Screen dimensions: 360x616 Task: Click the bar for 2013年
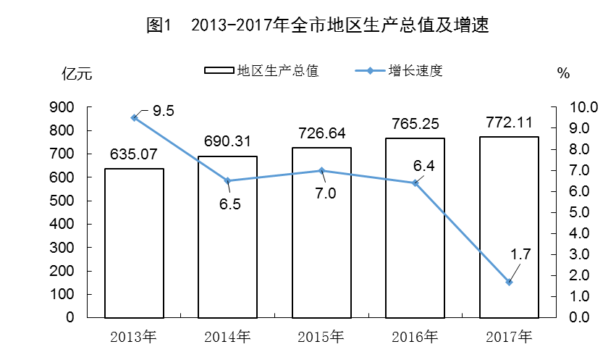[134, 243]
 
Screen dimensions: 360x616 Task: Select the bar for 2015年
[322, 232]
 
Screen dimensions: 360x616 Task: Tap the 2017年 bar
[509, 227]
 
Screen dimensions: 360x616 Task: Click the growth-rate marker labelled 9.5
[134, 117]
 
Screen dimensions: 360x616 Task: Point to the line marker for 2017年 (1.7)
[509, 282]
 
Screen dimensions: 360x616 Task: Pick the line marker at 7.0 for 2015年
[322, 170]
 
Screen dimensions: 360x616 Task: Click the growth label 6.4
[423, 167]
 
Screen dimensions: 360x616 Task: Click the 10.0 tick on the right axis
[564, 107]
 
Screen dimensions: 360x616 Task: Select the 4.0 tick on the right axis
[564, 233]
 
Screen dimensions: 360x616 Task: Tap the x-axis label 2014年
[228, 336]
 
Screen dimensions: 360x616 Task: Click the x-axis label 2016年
[415, 336]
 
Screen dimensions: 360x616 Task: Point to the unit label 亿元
[77, 73]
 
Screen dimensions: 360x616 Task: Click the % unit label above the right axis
[564, 73]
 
